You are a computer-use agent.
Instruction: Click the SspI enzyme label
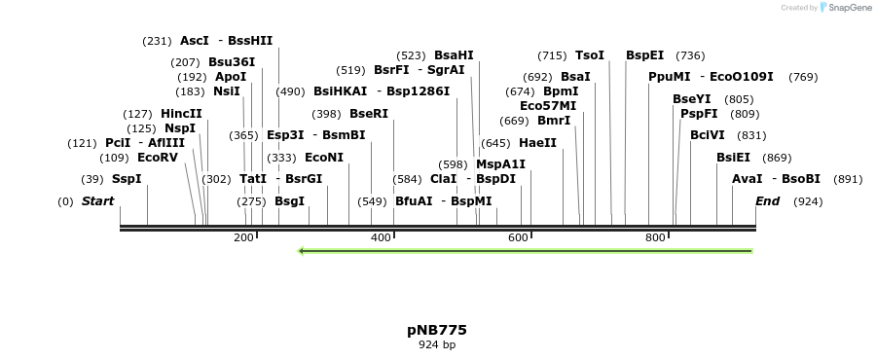(127, 179)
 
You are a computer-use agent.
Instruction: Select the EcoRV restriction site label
(158, 157)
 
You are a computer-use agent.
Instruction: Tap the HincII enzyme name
(181, 113)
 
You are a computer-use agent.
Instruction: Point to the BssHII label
(250, 41)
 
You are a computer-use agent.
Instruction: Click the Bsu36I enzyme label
(232, 62)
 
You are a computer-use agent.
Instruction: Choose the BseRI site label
(369, 113)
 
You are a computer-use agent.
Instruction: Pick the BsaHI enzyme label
(454, 55)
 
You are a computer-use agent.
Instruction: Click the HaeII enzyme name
(538, 142)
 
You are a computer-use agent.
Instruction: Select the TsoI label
(590, 55)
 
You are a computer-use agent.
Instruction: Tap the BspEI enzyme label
(645, 55)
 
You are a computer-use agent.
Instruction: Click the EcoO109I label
(742, 77)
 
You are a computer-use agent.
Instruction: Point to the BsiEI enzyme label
(734, 157)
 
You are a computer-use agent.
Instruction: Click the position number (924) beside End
(809, 201)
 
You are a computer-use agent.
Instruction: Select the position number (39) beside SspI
(92, 179)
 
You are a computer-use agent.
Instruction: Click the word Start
(97, 201)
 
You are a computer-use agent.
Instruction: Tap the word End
(768, 201)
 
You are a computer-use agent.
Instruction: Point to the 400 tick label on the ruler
(381, 237)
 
